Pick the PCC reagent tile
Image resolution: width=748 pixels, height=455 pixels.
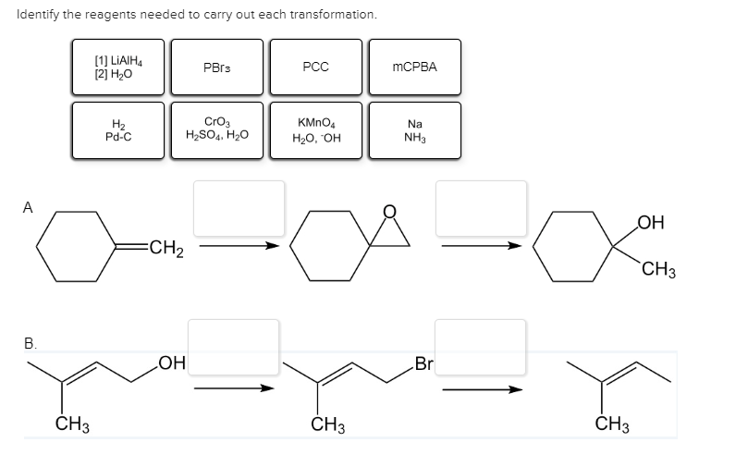(315, 67)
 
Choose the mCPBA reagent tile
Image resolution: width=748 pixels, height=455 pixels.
(414, 67)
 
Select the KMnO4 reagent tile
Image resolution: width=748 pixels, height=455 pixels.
(315, 131)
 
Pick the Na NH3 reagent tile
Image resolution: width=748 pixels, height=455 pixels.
(414, 131)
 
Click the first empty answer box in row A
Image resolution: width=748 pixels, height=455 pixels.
(239, 208)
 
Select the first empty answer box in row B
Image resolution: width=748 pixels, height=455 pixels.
(233, 348)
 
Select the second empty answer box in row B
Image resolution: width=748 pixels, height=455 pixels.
(480, 348)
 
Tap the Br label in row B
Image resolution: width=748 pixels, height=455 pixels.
(424, 363)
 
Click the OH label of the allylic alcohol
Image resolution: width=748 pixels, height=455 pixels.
(170, 363)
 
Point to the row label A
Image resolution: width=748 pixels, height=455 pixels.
(29, 209)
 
